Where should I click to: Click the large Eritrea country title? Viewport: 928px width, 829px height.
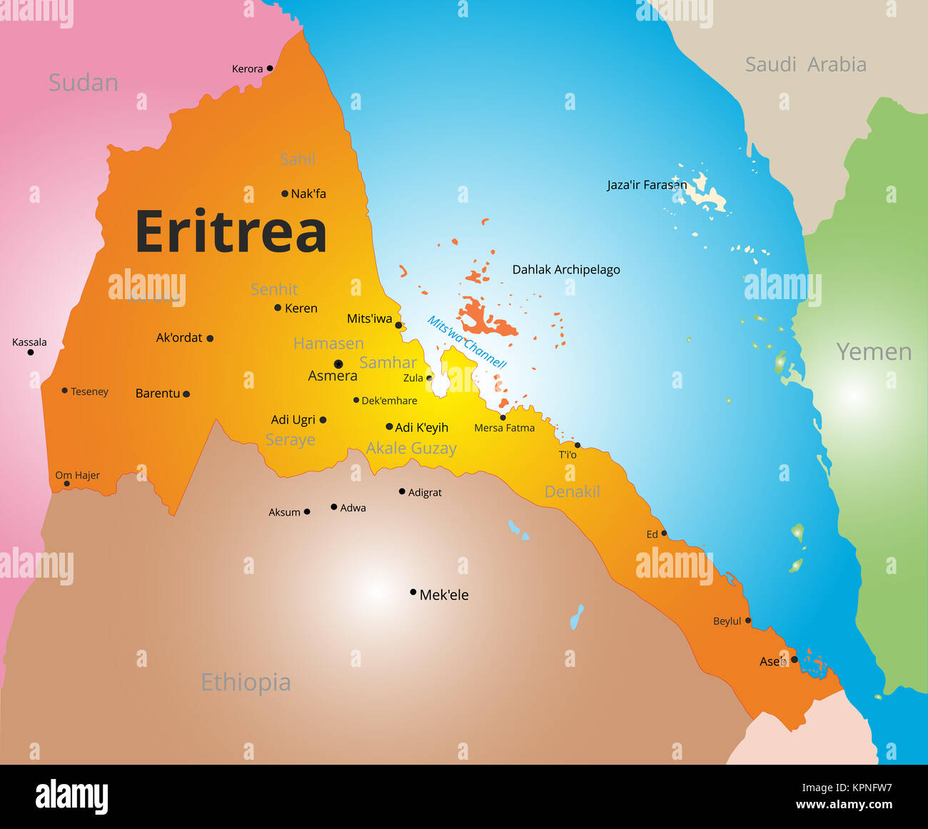click(x=231, y=232)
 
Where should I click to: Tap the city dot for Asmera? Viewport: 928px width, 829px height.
click(x=338, y=364)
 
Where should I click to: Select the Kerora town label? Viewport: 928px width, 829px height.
click(x=247, y=69)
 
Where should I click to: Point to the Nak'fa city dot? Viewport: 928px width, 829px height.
click(x=285, y=194)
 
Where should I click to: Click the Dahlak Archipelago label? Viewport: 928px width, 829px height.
click(x=566, y=270)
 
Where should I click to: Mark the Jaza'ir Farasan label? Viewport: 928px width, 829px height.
click(x=646, y=185)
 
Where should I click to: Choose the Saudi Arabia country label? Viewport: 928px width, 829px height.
click(x=805, y=65)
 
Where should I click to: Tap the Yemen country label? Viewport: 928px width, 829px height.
click(x=874, y=352)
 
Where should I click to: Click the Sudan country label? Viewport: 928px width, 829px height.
click(x=83, y=83)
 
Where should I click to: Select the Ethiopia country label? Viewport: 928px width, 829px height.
click(x=246, y=683)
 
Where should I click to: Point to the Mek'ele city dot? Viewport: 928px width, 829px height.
click(x=413, y=592)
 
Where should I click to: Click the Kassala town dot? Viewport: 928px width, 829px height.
click(x=31, y=352)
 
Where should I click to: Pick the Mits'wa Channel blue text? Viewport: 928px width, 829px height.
click(x=466, y=343)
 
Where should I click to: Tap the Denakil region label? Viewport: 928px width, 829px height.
click(x=572, y=492)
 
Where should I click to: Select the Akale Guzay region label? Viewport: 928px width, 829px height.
click(x=410, y=448)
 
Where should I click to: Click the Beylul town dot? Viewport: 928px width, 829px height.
click(x=748, y=621)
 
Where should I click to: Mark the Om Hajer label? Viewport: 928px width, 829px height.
click(x=77, y=476)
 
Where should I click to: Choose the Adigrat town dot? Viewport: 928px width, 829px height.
click(x=402, y=491)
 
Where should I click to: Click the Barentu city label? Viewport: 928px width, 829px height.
click(x=158, y=393)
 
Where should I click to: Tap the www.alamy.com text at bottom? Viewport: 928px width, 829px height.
click(x=844, y=805)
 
